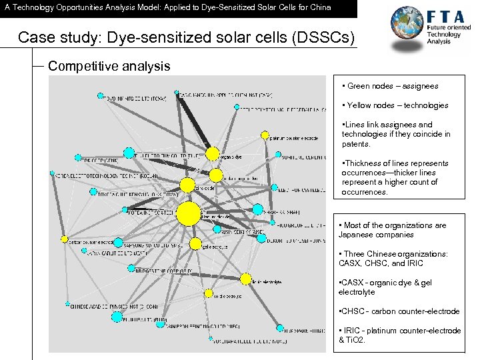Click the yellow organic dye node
tap(213, 154)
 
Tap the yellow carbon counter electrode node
tap(65, 239)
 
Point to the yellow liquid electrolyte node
tap(246, 278)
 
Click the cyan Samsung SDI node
tap(118, 245)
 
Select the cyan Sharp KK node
tap(257, 209)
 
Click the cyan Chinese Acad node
tap(68, 305)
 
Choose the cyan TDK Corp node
tap(78, 158)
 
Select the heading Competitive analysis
tap(109, 66)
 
